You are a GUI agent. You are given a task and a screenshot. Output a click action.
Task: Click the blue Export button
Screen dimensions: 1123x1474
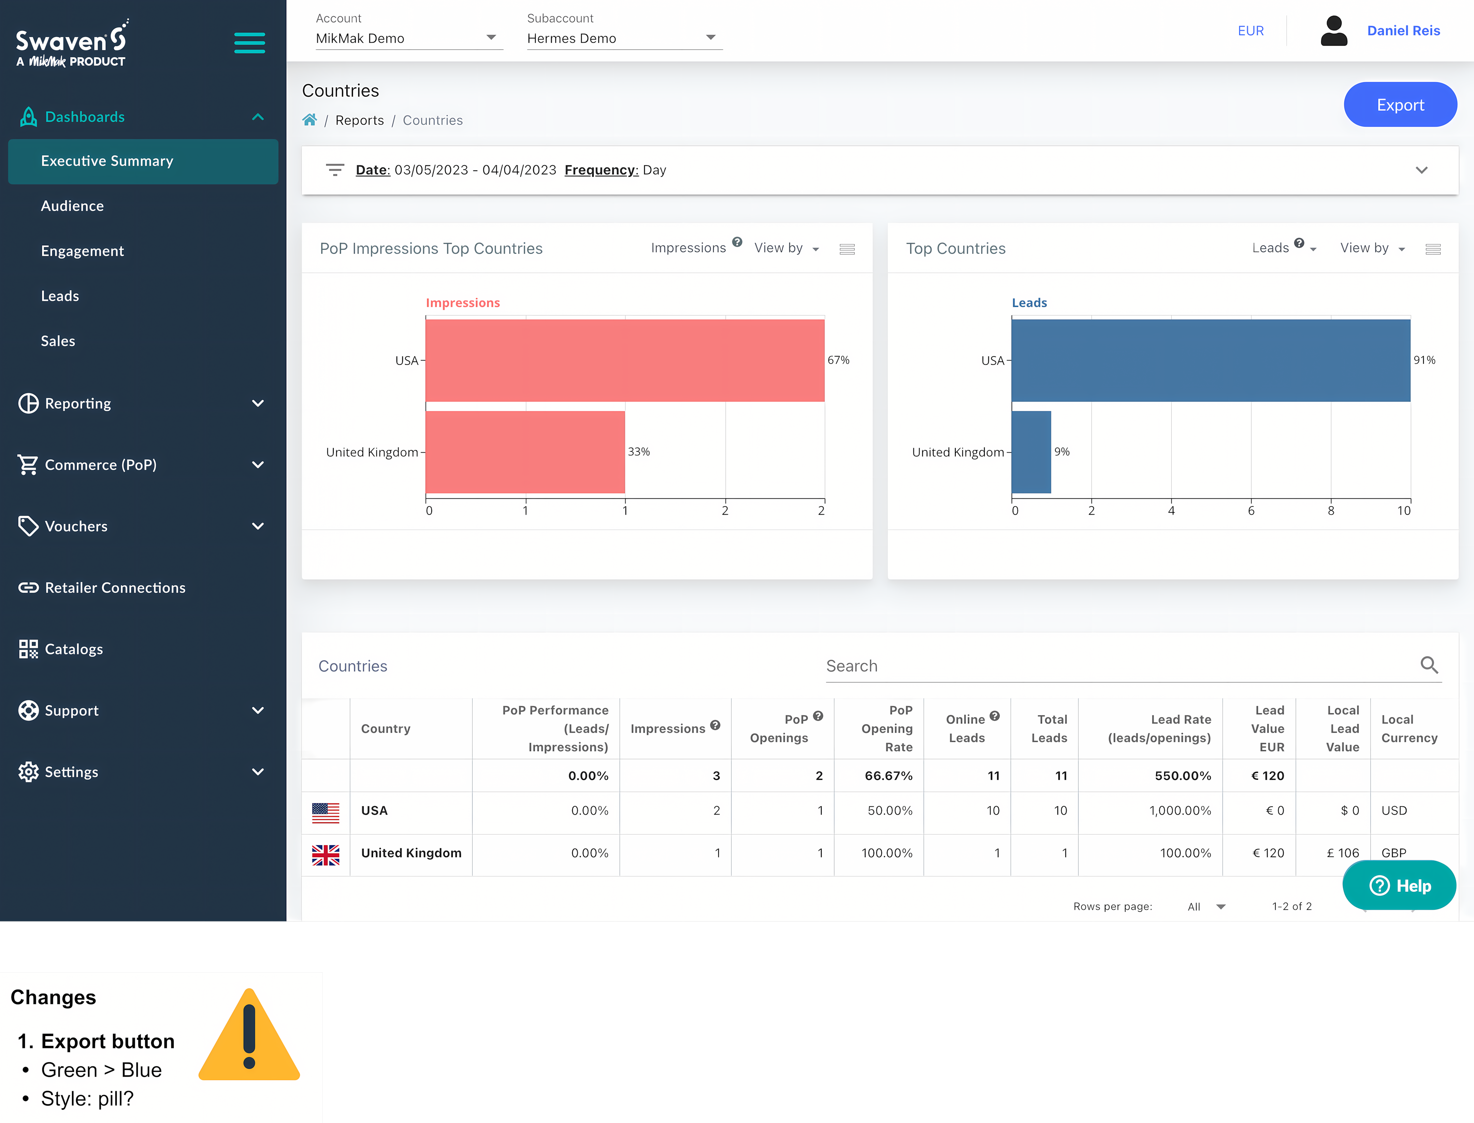[x=1400, y=105]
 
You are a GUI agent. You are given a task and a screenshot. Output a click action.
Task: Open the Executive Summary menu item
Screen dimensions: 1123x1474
[x=107, y=161]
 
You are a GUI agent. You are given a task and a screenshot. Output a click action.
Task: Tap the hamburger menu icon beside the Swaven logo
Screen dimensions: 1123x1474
[x=249, y=43]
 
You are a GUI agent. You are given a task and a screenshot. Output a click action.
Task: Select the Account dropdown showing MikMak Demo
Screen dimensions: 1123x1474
[x=408, y=38]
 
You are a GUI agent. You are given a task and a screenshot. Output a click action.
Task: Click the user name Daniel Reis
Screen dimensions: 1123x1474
[x=1403, y=31]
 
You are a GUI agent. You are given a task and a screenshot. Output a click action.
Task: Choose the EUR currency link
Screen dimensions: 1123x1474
[x=1250, y=31]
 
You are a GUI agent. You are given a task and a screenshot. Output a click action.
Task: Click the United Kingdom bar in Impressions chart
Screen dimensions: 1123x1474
[x=525, y=452]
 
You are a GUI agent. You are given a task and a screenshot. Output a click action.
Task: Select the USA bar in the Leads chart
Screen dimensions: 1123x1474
[x=1210, y=360]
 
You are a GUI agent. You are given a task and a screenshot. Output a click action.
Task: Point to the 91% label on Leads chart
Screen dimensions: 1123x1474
[x=1424, y=360]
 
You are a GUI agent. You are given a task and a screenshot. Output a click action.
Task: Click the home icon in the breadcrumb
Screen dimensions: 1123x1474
[x=309, y=120]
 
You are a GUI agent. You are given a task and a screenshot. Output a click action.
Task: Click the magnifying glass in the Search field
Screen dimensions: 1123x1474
[x=1429, y=665]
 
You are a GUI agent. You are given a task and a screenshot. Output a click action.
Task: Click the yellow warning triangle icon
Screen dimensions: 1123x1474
[x=249, y=1036]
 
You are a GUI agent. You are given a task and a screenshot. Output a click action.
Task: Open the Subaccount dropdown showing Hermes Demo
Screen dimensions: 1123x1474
[x=622, y=38]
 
